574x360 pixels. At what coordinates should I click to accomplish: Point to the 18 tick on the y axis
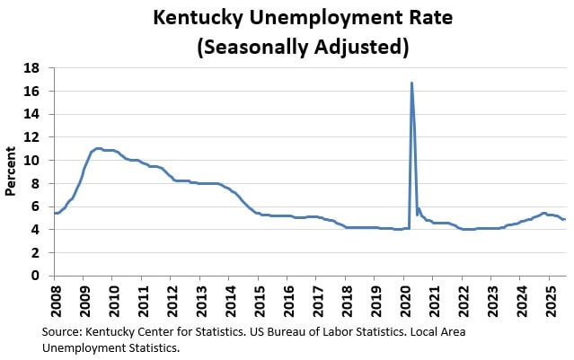(x=39, y=68)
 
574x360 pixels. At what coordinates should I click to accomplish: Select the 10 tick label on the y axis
(x=39, y=161)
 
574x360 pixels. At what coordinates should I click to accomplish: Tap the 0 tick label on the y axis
(x=42, y=276)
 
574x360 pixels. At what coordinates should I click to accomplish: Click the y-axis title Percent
(x=11, y=171)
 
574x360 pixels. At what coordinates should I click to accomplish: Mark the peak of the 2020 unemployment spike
(x=411, y=83)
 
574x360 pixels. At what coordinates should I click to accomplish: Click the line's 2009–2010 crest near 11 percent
(x=98, y=148)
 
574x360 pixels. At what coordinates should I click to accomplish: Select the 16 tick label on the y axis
(x=39, y=92)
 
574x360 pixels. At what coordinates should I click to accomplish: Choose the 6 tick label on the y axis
(x=42, y=206)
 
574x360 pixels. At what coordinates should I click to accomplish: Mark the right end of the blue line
(x=564, y=219)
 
